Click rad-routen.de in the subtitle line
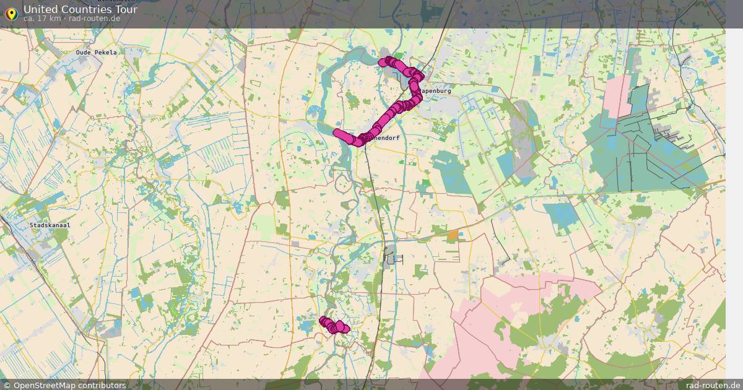(x=95, y=19)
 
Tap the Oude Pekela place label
(x=96, y=53)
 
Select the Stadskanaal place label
(x=50, y=225)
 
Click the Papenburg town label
(x=436, y=90)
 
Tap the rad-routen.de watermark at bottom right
(x=710, y=385)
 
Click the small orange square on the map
(x=453, y=235)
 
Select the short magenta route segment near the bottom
(x=334, y=326)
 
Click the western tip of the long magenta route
(x=337, y=132)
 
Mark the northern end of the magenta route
(x=383, y=61)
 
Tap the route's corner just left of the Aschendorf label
(x=358, y=141)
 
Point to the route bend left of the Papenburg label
(x=414, y=91)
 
